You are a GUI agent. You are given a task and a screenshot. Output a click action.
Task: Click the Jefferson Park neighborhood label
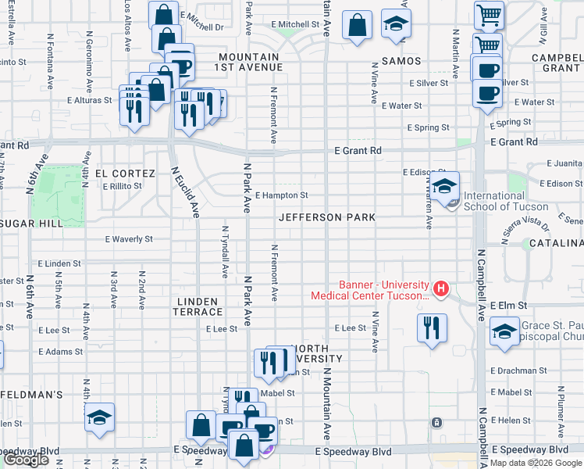pyautogui.click(x=327, y=217)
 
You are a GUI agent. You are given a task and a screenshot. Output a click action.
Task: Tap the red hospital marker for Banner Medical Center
pyautogui.click(x=441, y=290)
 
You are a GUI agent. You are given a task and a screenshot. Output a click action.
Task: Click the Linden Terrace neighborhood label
pyautogui.click(x=200, y=306)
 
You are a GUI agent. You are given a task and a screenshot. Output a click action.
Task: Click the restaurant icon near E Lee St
pyautogui.click(x=432, y=330)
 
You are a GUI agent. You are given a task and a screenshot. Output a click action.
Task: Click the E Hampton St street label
pyautogui.click(x=281, y=195)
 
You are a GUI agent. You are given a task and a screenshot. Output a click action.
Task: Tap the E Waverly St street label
pyautogui.click(x=130, y=239)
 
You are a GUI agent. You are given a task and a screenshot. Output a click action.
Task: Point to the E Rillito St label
pyautogui.click(x=122, y=186)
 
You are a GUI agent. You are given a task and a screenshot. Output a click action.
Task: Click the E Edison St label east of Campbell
pyautogui.click(x=560, y=184)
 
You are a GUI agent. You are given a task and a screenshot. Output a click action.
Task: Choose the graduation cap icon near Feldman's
pyautogui.click(x=100, y=419)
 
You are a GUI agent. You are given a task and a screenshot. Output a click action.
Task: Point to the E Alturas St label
pyautogui.click(x=91, y=101)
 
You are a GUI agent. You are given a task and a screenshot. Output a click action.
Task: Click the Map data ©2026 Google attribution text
pyautogui.click(x=536, y=463)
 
